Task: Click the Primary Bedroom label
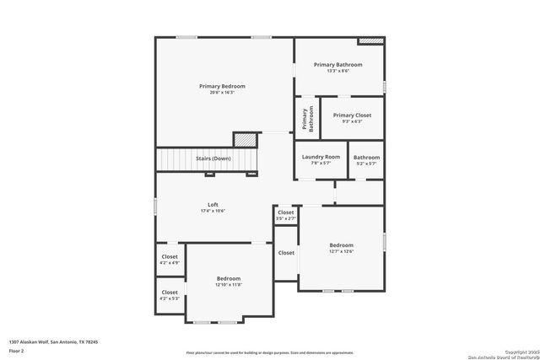coord(223,86)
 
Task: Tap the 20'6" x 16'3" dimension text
coord(223,92)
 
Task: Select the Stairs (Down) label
coord(213,159)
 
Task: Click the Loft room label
coord(213,205)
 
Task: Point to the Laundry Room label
coord(321,157)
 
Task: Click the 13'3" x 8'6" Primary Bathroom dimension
coord(337,71)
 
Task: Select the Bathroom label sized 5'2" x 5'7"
coord(366,157)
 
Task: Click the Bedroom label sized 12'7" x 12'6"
coord(341,244)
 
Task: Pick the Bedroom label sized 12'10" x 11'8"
coord(229,278)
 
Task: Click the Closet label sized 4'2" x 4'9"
coord(170,256)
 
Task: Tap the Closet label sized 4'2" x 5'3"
coord(170,293)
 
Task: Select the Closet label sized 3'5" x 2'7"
coord(286,212)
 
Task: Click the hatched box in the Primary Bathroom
coord(370,40)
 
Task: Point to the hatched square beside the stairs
coord(245,139)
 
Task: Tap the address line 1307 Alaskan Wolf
coord(53,341)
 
